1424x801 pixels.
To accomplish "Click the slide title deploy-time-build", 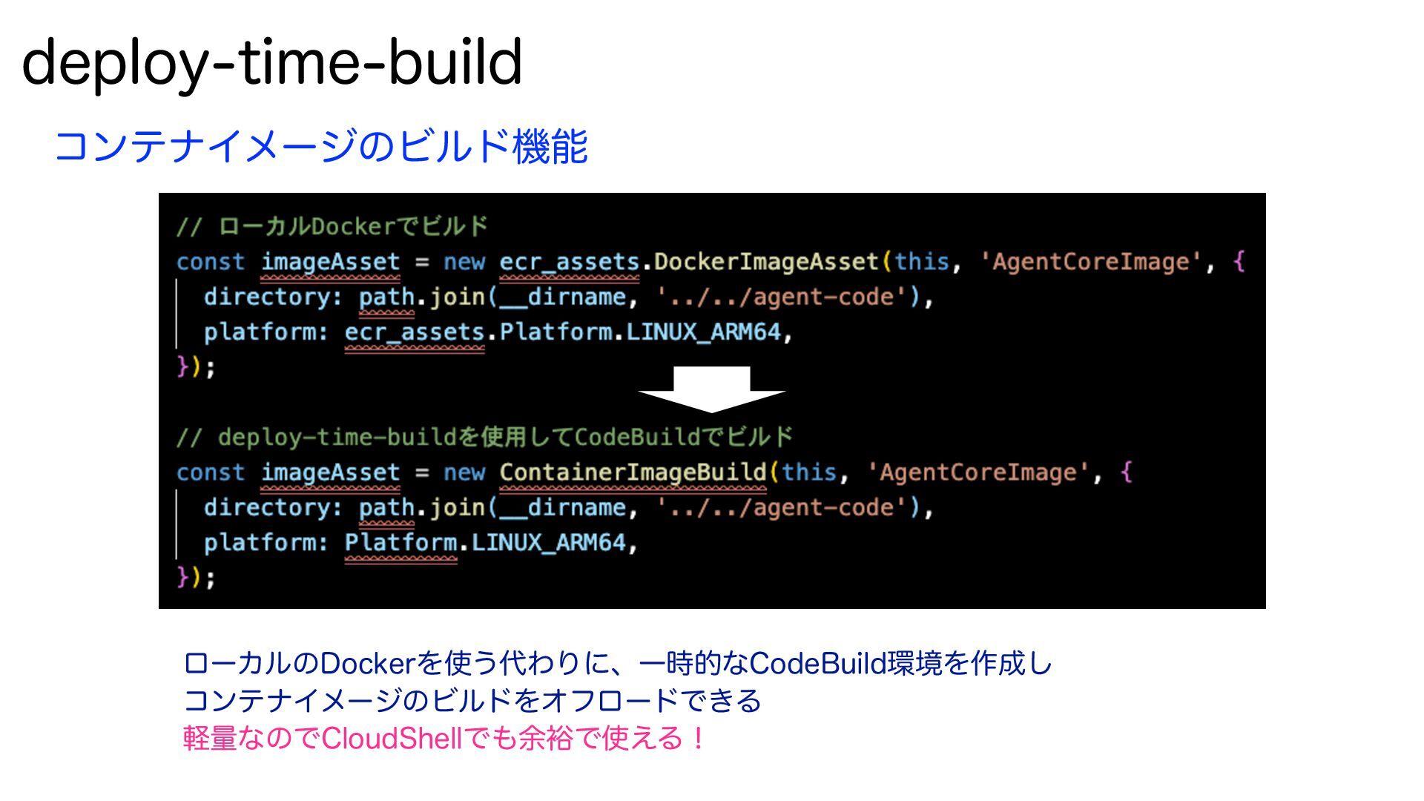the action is click(272, 62).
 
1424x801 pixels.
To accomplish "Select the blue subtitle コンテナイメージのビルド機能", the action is click(320, 145).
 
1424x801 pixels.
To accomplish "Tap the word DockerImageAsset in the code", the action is click(766, 262).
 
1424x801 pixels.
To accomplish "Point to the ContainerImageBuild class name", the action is click(633, 472).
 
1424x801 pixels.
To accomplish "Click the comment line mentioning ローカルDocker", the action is click(332, 226).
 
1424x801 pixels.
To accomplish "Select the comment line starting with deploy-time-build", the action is click(484, 437).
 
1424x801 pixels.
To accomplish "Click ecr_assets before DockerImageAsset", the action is click(569, 262).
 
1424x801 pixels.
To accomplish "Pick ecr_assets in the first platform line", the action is click(415, 332).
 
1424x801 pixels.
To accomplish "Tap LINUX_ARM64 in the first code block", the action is click(704, 332).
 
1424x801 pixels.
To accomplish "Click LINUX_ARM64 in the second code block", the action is click(549, 542).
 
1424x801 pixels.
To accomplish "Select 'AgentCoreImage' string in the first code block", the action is click(1090, 262).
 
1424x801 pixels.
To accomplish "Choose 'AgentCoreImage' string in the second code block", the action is click(977, 472).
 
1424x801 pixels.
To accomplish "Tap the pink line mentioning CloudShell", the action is click(443, 739).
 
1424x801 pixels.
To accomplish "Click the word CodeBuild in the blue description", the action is click(817, 663).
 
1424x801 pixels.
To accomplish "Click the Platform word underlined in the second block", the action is click(400, 542).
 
